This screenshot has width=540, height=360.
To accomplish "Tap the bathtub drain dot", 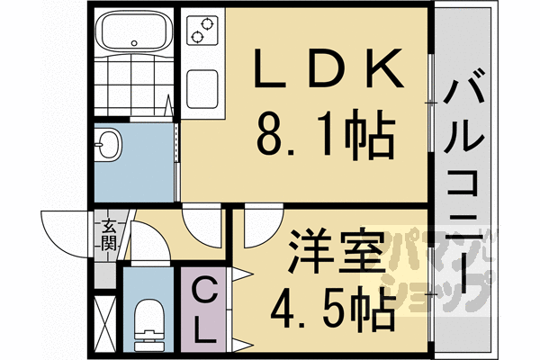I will point(134,42).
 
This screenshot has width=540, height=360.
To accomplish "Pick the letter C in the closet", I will point(205,292).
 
